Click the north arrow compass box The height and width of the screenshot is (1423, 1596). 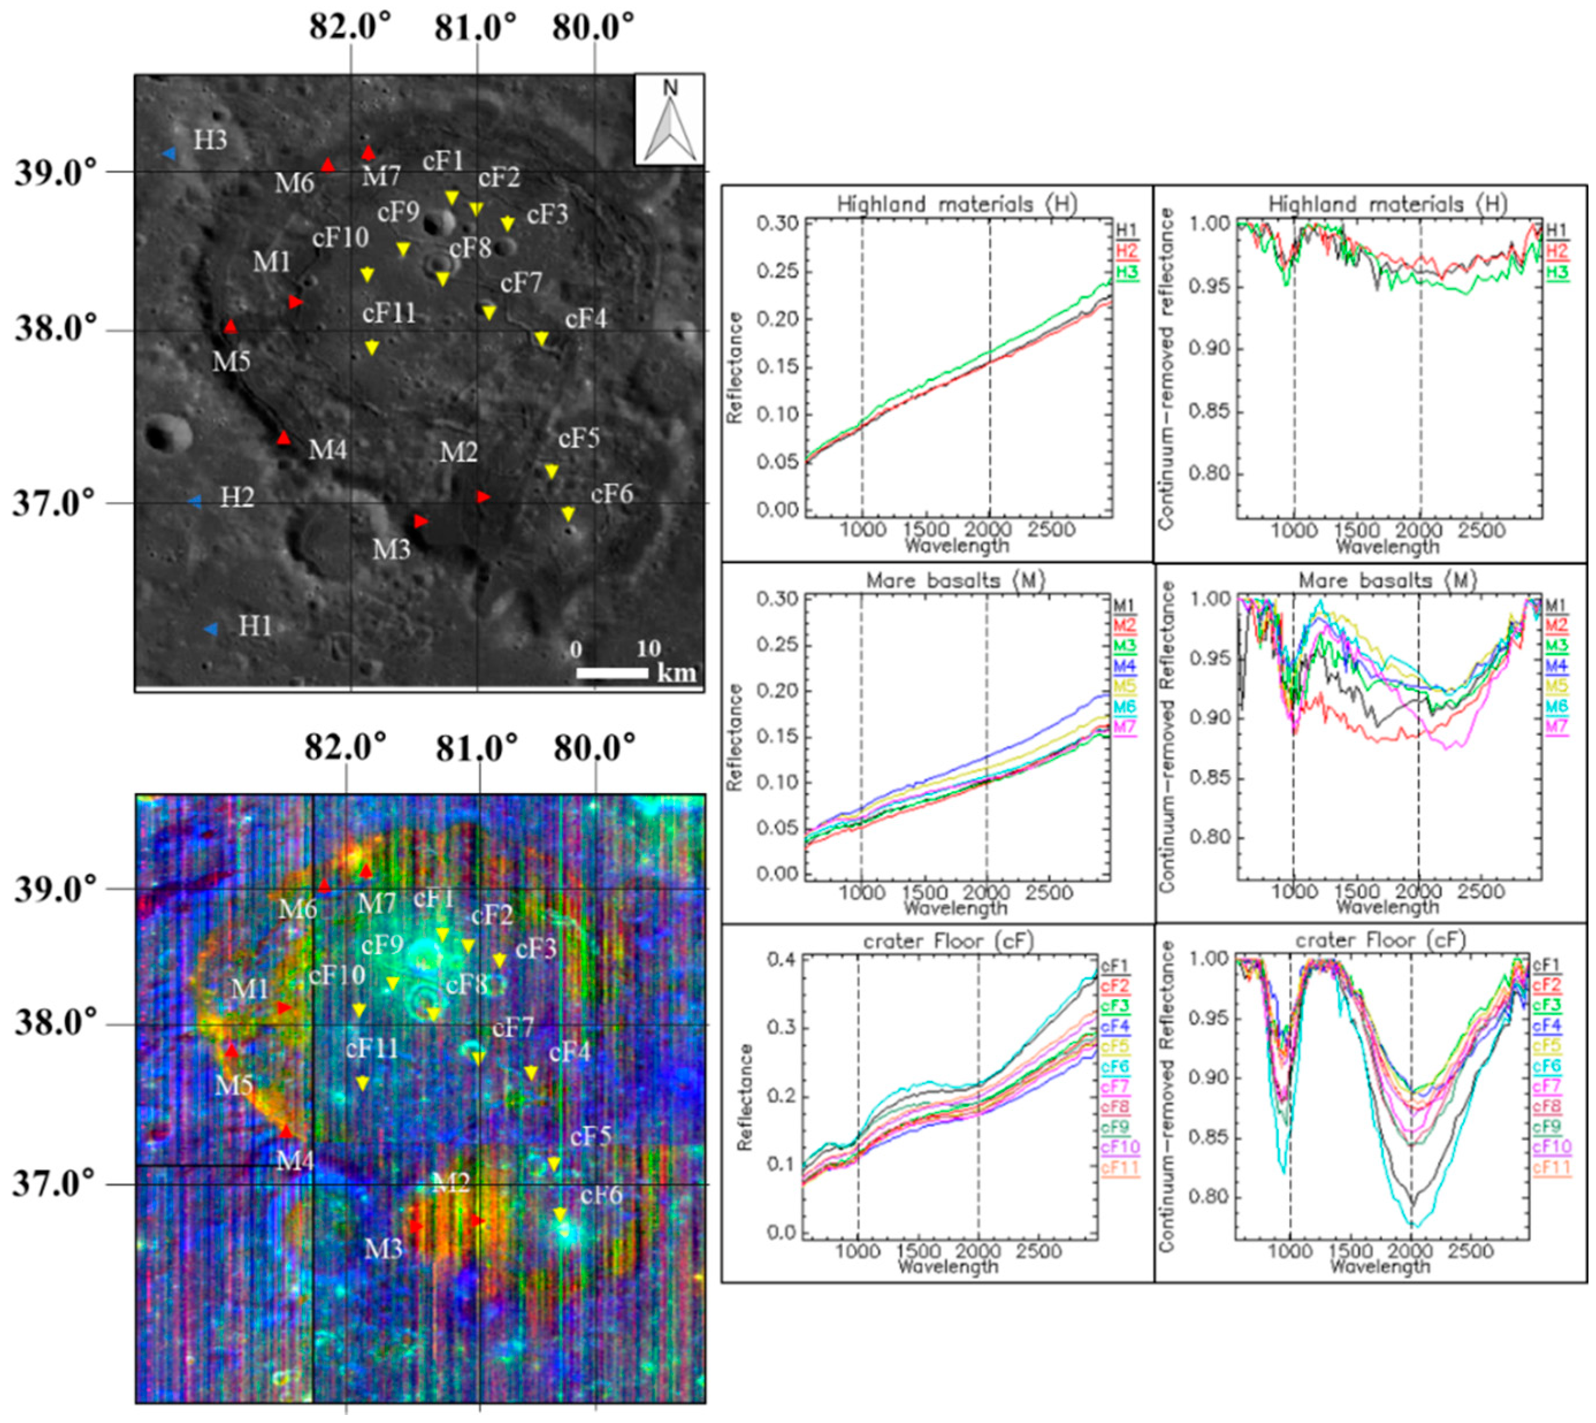tap(669, 120)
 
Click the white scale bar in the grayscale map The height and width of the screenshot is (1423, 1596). tap(613, 672)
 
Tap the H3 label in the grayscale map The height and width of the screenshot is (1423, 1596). tap(210, 141)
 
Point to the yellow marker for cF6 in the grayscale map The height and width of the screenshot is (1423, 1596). tap(568, 514)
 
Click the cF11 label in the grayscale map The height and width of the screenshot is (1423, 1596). tap(389, 313)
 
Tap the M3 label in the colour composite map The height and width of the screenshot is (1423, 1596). tap(383, 1249)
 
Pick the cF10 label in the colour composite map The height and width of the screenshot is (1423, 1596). tap(337, 975)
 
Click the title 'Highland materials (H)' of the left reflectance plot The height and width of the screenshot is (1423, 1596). tap(956, 205)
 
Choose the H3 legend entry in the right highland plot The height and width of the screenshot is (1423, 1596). tap(1557, 272)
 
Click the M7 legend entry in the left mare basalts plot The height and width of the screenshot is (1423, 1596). tap(1124, 726)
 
